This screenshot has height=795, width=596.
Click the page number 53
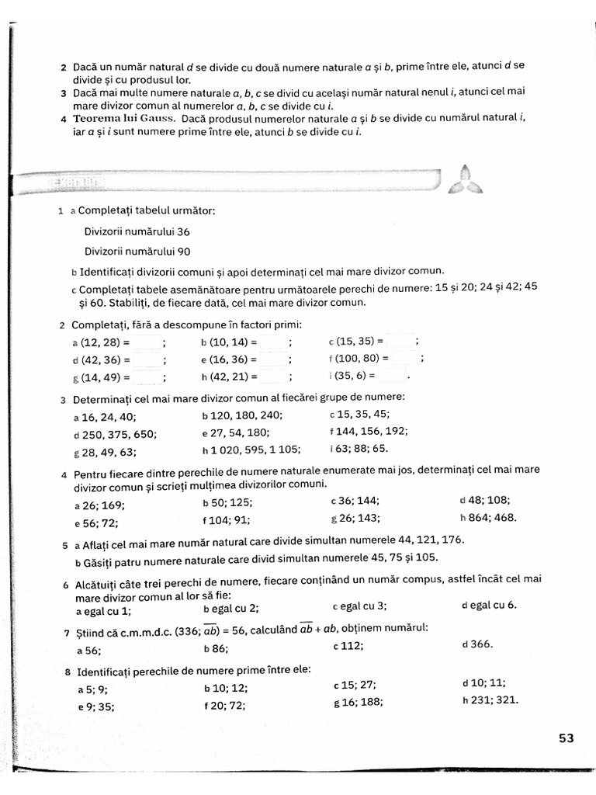click(x=566, y=738)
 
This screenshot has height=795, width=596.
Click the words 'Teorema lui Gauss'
click(x=123, y=119)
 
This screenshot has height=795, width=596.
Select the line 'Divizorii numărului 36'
click(x=137, y=231)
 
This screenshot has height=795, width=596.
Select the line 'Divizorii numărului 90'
click(x=137, y=251)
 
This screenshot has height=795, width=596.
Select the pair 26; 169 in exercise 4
click(x=105, y=504)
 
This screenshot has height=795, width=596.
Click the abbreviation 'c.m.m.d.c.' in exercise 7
click(x=144, y=630)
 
